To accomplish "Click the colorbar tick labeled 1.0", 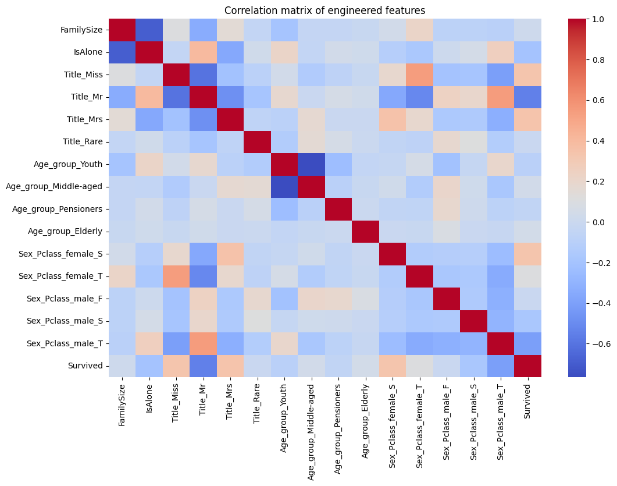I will tap(582, 19).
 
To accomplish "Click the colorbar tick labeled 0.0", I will tap(582, 222).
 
